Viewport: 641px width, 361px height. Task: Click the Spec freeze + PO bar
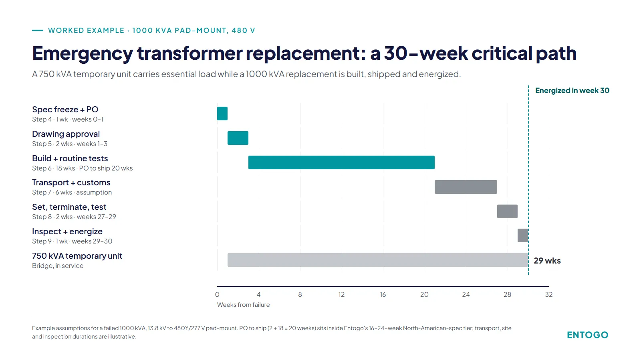click(x=222, y=114)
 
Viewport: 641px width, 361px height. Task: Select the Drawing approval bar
click(x=238, y=138)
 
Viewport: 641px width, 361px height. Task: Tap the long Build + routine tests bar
click(x=341, y=162)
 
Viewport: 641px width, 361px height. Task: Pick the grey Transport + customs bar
click(x=466, y=187)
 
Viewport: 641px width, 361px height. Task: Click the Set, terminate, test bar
click(x=507, y=211)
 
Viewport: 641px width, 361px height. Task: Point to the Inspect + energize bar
click(x=523, y=235)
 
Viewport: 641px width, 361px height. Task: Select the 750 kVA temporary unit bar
click(x=378, y=260)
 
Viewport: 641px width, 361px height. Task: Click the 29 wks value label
click(x=547, y=260)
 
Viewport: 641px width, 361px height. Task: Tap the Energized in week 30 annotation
click(x=572, y=91)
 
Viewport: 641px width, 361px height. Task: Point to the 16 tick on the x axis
click(x=383, y=294)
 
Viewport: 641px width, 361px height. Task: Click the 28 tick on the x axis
click(x=507, y=294)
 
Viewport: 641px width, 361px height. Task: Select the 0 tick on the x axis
click(x=217, y=294)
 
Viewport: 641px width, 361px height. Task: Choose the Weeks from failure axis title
click(x=243, y=304)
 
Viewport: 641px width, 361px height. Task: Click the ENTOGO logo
click(x=587, y=335)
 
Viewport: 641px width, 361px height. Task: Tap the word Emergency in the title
click(x=83, y=53)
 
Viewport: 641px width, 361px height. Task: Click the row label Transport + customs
click(x=71, y=183)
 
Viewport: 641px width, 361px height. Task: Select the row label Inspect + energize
click(x=67, y=231)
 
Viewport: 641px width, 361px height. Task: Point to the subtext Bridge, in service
click(x=58, y=266)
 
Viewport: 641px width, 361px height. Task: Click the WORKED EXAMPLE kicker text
click(x=86, y=30)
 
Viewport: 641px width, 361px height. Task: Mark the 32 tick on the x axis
click(x=549, y=294)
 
